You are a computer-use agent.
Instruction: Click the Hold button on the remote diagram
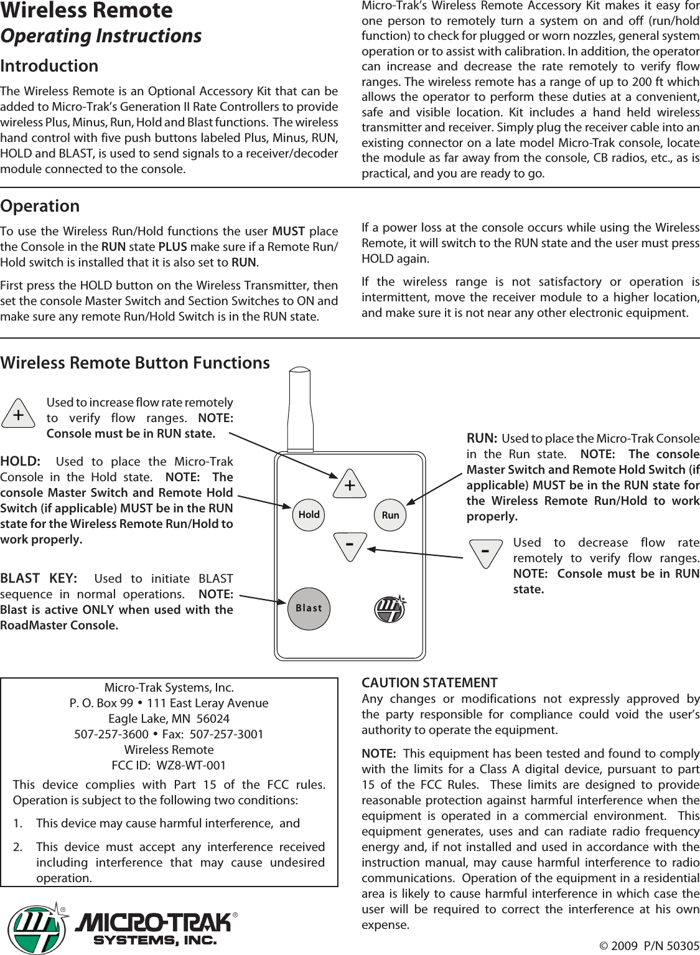[x=309, y=515]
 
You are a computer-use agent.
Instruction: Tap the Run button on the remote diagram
[x=390, y=515]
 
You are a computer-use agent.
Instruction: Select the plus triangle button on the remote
[x=350, y=485]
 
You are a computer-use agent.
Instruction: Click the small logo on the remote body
[x=390, y=608]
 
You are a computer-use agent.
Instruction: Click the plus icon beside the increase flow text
[x=19, y=414]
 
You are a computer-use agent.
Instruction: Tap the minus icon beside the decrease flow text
[x=485, y=552]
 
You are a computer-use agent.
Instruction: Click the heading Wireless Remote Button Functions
[x=136, y=362]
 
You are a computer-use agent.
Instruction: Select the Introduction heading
[x=50, y=66]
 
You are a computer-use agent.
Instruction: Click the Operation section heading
[x=40, y=206]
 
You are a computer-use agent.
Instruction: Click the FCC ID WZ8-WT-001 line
[x=169, y=764]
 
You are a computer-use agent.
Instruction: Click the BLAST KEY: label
[x=39, y=578]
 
